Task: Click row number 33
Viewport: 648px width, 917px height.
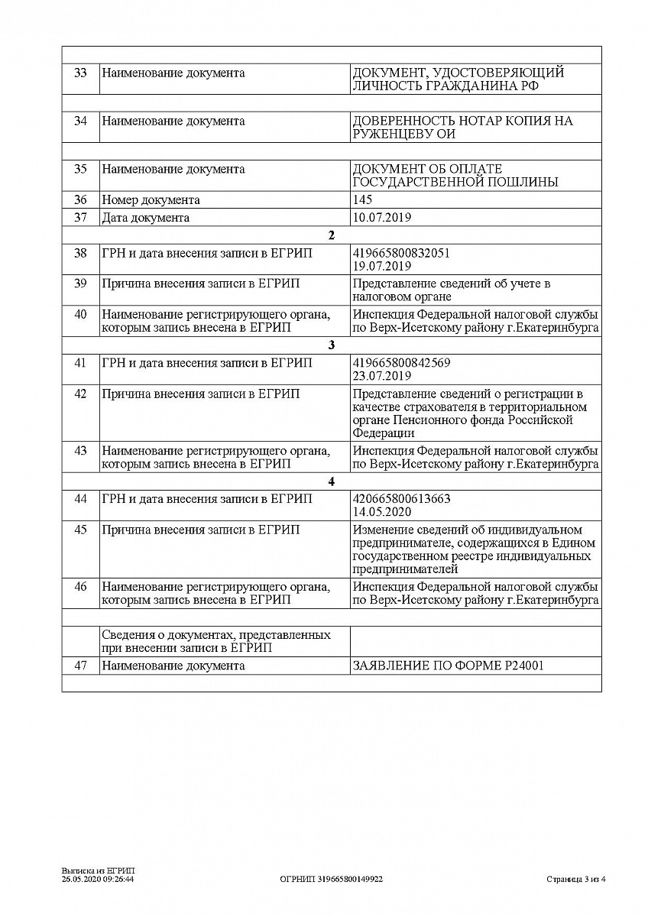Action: click(x=80, y=73)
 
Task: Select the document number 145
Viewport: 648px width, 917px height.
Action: click(x=362, y=200)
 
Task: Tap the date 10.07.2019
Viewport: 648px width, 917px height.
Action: click(x=382, y=218)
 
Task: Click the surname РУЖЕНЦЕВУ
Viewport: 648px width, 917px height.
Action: click(x=389, y=134)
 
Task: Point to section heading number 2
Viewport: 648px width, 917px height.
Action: click(x=331, y=235)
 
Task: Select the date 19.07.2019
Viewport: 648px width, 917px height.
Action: click(x=382, y=267)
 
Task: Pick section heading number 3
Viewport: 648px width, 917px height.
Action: click(x=331, y=345)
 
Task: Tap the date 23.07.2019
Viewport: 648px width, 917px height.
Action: click(x=382, y=376)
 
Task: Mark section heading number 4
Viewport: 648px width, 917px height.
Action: click(x=331, y=481)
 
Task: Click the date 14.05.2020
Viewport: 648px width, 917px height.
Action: click(x=382, y=512)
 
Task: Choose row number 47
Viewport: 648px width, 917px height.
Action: click(x=80, y=666)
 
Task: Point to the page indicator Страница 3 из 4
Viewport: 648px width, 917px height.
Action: click(x=576, y=880)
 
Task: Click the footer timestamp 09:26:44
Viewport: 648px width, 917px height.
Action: click(x=118, y=880)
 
